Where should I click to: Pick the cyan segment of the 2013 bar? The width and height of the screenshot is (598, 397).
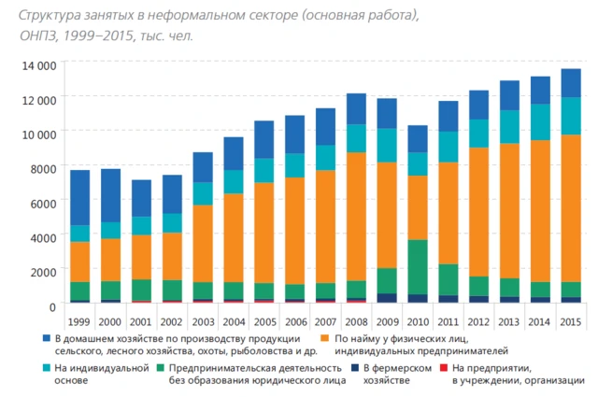509,127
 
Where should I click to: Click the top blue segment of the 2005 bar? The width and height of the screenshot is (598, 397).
264,139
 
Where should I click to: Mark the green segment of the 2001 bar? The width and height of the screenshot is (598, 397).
142,290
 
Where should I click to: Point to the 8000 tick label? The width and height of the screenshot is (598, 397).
43,168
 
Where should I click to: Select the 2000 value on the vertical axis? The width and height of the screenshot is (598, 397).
43,271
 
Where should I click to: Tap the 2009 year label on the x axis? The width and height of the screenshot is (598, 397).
387,321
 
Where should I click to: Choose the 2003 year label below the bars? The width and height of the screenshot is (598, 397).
203,321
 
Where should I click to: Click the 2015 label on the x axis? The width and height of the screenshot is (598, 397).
570,321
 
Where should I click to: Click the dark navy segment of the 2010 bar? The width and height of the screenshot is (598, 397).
418,299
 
